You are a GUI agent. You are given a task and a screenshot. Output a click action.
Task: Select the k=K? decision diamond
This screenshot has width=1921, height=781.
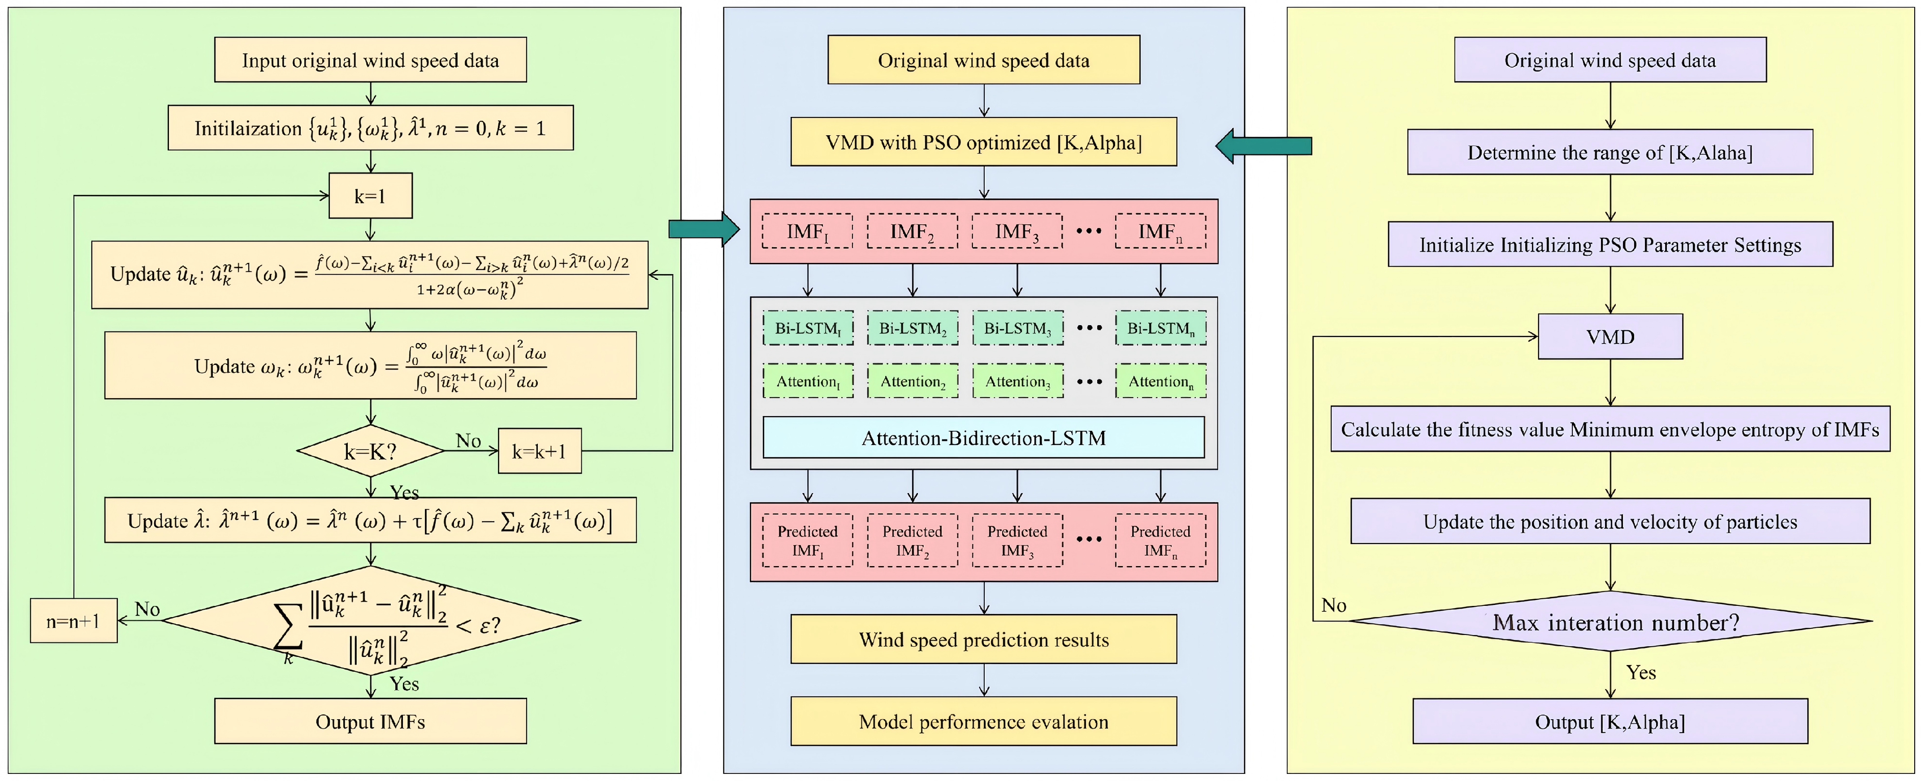(x=371, y=451)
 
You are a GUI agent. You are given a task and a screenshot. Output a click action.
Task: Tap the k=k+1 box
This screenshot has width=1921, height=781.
(x=539, y=451)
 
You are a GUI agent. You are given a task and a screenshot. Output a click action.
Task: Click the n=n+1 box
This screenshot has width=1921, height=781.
(x=73, y=620)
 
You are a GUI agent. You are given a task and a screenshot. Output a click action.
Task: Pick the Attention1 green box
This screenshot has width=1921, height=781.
(x=808, y=382)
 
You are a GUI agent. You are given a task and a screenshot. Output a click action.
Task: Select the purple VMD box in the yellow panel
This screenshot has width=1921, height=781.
(x=1609, y=337)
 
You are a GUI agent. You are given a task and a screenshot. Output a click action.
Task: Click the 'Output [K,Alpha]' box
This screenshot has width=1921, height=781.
(x=1609, y=721)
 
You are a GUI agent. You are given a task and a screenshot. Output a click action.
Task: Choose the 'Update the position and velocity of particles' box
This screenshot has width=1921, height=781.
(x=1609, y=522)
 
